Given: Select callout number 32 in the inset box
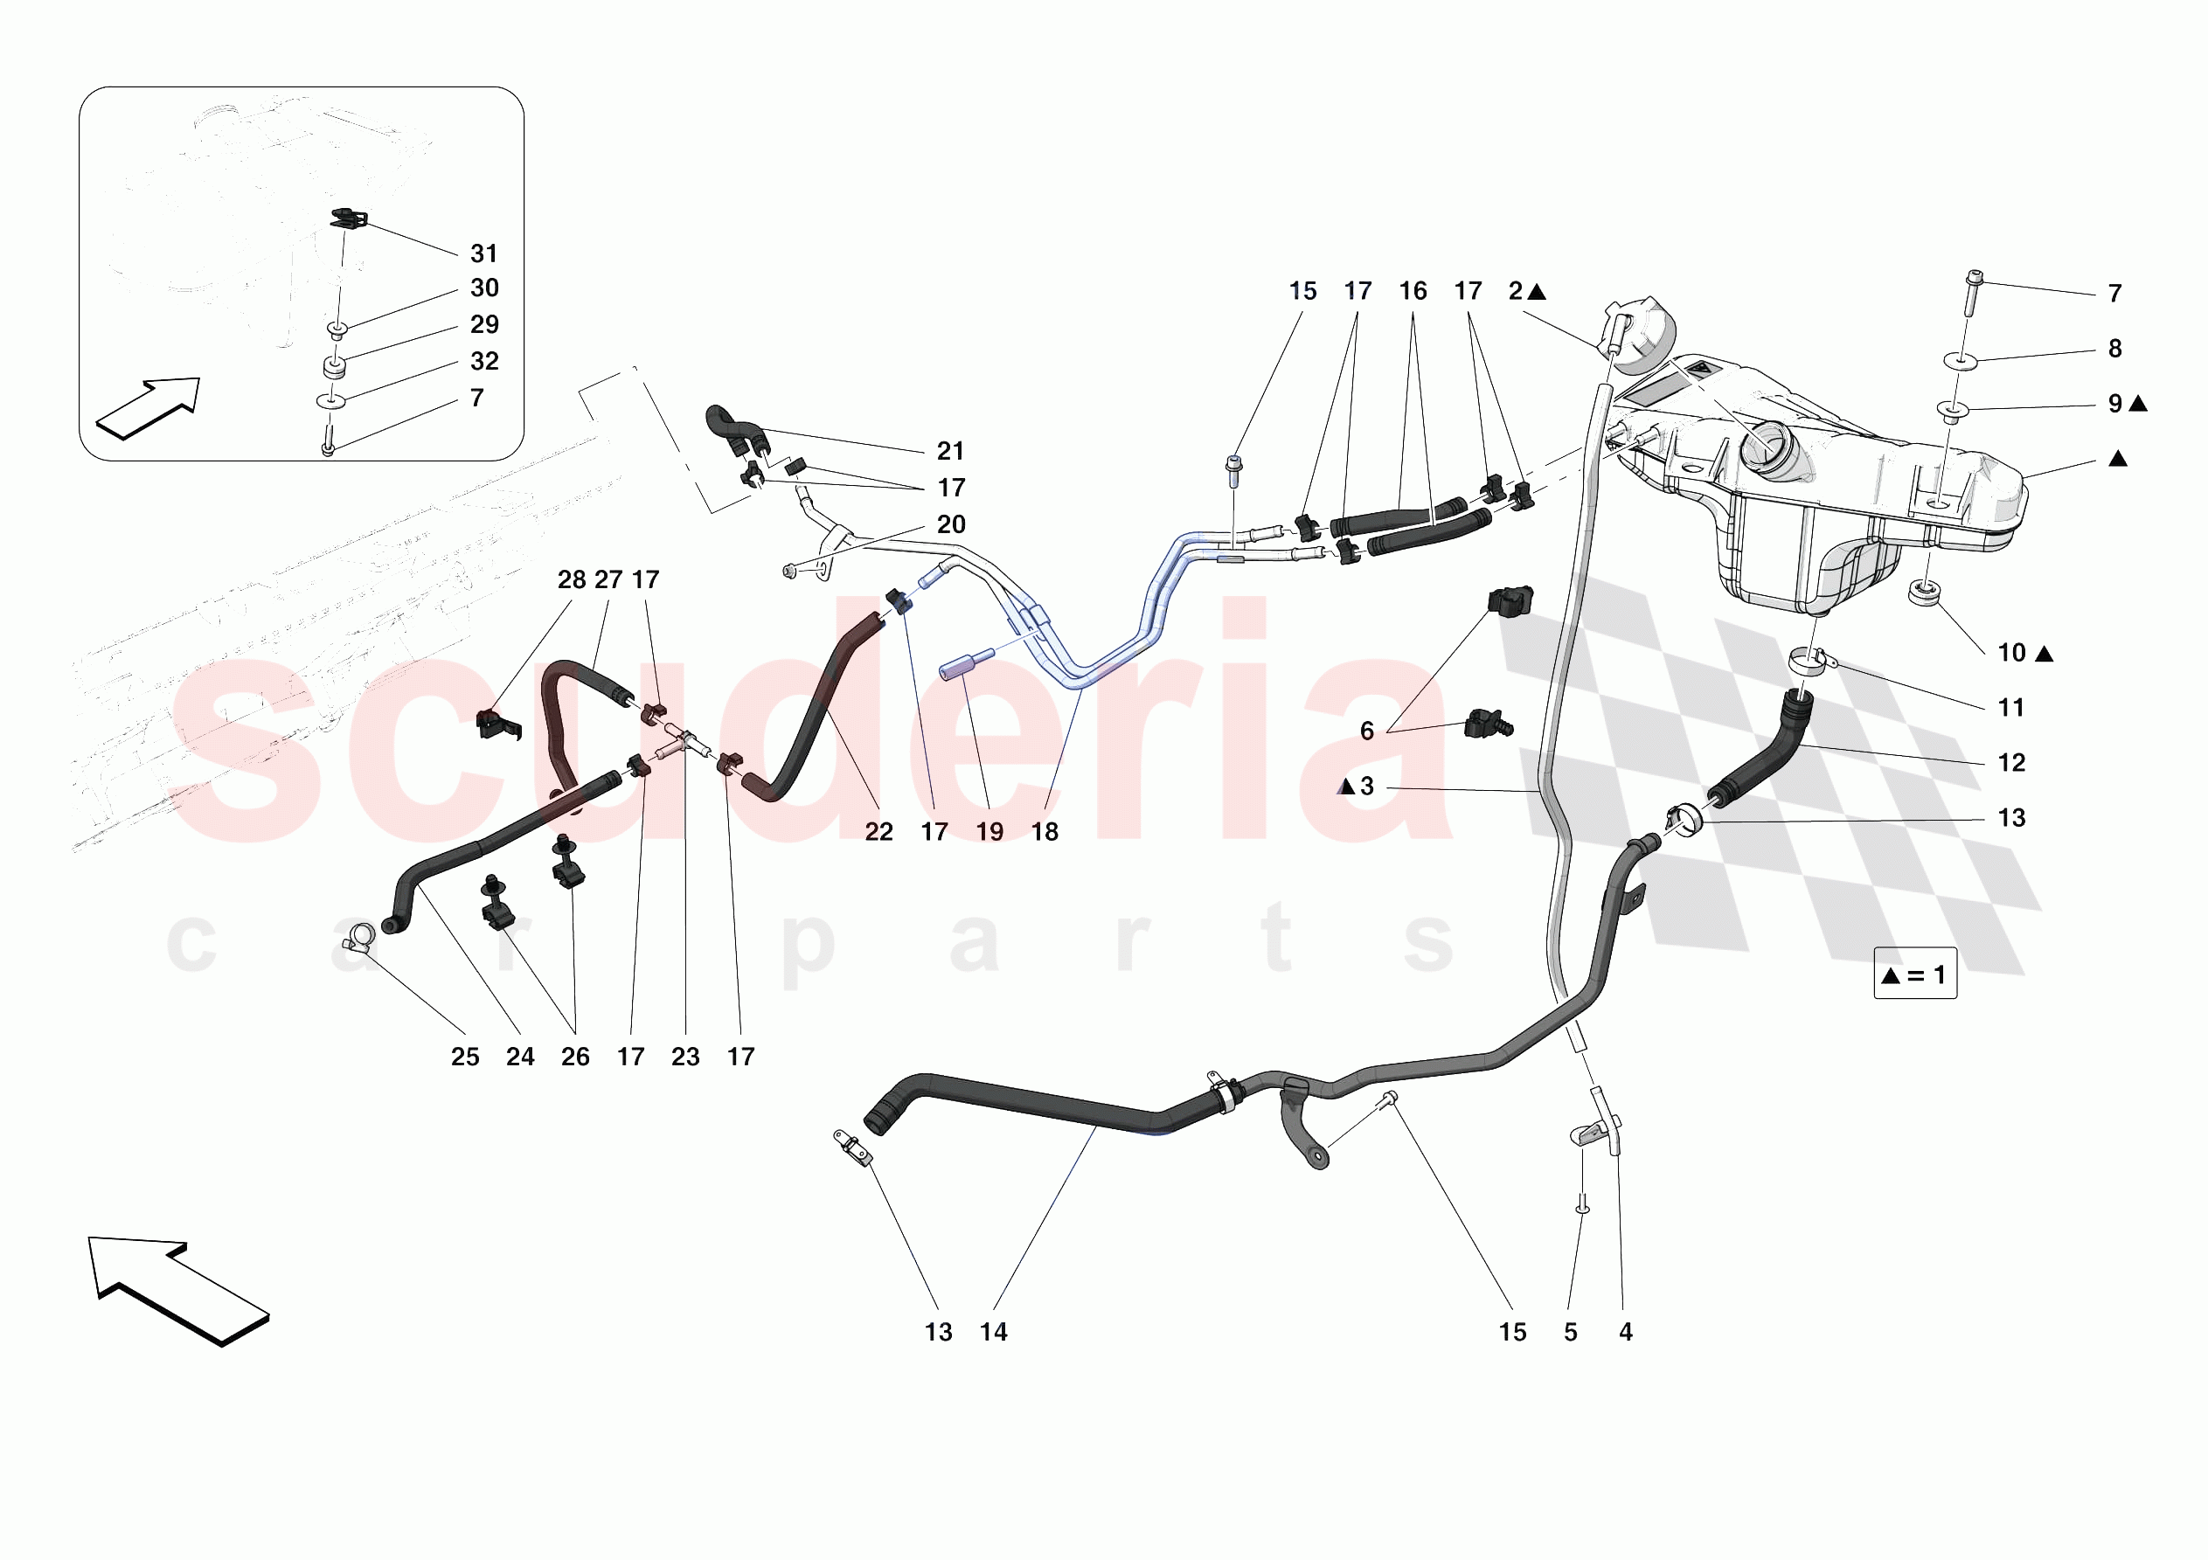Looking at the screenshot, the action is click(x=483, y=361).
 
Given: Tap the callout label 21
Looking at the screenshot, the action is click(x=950, y=450).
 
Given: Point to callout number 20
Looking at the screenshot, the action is click(x=950, y=524).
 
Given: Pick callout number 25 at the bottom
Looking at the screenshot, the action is click(x=464, y=1056).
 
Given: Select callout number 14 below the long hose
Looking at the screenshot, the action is click(x=993, y=1331).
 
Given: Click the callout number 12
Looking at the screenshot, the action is click(x=2010, y=762).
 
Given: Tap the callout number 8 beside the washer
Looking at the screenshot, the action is click(x=2114, y=348).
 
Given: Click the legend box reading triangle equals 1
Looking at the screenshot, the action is click(x=1914, y=974).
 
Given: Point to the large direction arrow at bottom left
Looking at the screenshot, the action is click(x=179, y=1290).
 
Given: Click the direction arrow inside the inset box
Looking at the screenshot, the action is click(x=148, y=409).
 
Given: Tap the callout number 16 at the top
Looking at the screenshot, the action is click(x=1413, y=290).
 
